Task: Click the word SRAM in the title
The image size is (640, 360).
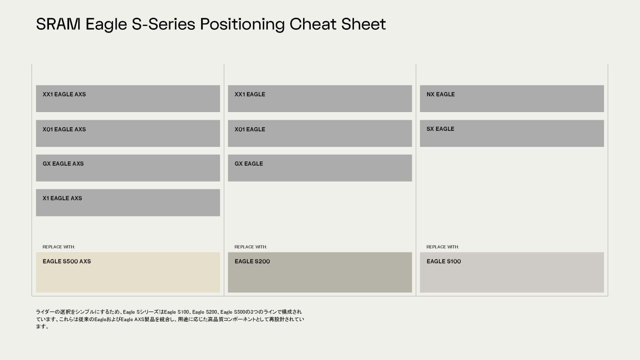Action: click(58, 24)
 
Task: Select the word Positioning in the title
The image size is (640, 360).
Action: click(242, 25)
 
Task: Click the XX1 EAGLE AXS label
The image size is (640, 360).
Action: click(64, 94)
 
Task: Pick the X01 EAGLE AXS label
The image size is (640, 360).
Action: click(64, 129)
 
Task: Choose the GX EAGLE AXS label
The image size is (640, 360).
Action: click(63, 164)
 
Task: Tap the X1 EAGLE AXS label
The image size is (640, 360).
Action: click(62, 198)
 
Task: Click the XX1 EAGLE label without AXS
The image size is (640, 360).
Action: click(250, 94)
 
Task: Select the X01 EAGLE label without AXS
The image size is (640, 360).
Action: click(250, 129)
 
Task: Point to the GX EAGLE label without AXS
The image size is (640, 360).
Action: click(249, 164)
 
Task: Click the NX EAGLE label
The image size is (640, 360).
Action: click(441, 94)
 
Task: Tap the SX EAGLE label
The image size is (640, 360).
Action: click(440, 129)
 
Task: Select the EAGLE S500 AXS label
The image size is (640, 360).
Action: click(67, 261)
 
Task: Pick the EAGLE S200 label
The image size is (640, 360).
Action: click(252, 261)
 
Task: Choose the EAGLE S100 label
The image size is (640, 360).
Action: click(444, 261)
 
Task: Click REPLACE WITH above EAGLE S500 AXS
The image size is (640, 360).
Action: click(59, 247)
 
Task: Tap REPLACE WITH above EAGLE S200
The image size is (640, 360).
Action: click(251, 247)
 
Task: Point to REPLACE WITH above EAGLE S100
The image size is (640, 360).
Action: click(443, 247)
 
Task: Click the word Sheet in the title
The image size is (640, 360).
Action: click(363, 24)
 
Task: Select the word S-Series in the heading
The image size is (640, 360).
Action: click(163, 24)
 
